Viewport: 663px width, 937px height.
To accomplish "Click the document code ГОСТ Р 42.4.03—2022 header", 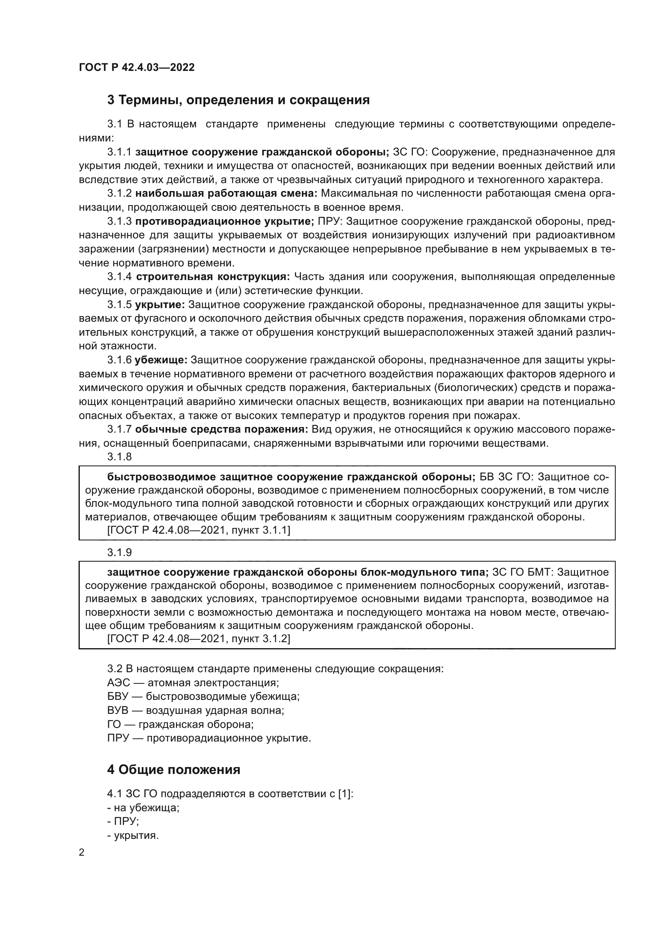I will click(x=136, y=67).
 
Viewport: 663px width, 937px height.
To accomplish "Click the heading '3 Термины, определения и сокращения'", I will click(x=238, y=100).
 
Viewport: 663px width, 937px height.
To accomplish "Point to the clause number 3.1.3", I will click(x=119, y=221).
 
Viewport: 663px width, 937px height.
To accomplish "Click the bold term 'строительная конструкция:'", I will click(x=213, y=277).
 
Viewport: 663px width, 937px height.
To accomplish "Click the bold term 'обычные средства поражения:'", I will click(x=221, y=429).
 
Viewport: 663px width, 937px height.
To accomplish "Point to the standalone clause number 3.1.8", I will click(x=119, y=457).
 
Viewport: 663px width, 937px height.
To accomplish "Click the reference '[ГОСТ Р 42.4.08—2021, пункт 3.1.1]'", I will click(x=198, y=530).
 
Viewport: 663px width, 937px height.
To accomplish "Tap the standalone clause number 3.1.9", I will click(x=119, y=552).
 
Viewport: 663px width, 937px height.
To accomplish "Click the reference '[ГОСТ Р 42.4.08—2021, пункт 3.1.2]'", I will click(x=198, y=639).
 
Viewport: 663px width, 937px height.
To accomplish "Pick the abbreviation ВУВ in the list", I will click(x=117, y=711).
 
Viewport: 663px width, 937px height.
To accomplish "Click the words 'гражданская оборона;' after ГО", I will click(x=196, y=724).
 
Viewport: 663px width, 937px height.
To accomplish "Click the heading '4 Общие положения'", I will click(x=174, y=770).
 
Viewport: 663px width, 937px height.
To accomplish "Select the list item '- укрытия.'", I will click(x=133, y=836).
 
